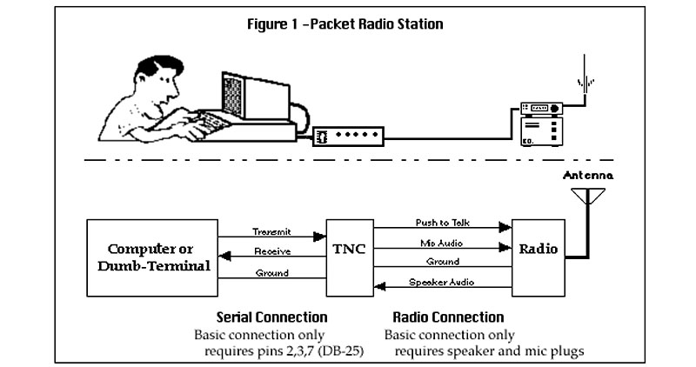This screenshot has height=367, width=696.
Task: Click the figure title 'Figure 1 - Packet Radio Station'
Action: click(x=346, y=23)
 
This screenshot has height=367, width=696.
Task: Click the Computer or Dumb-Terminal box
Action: click(x=152, y=257)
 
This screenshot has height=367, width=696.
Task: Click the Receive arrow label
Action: click(x=271, y=251)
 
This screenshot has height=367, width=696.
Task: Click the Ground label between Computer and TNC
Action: click(x=271, y=274)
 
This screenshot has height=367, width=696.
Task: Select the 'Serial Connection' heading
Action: click(x=271, y=317)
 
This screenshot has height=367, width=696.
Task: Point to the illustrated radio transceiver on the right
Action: click(x=540, y=126)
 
